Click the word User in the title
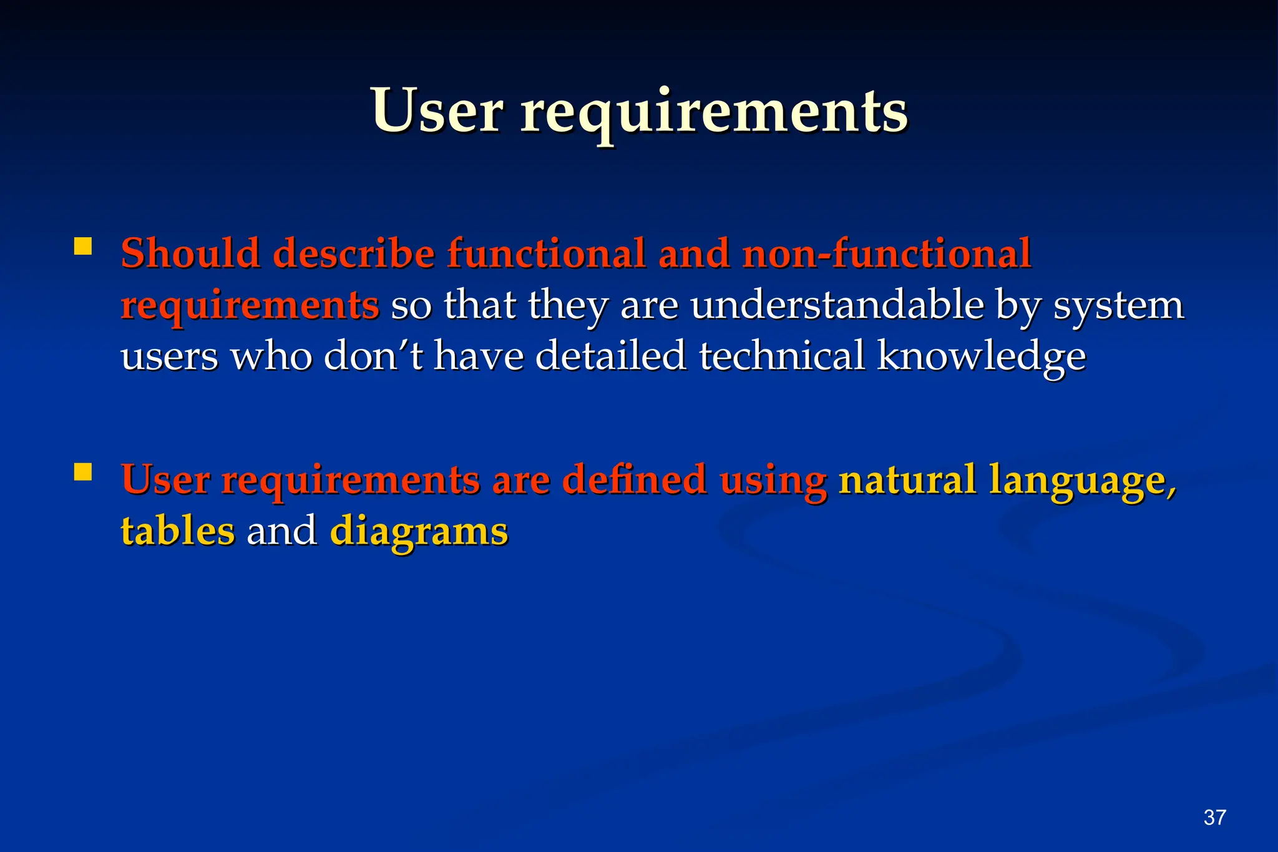click(436, 111)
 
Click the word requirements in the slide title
click(714, 112)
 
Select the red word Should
click(190, 253)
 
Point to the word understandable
click(836, 305)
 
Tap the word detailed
click(610, 356)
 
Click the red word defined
click(634, 479)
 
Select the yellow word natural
click(907, 479)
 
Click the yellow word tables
click(178, 531)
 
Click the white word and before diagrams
click(281, 531)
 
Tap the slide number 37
click(1214, 817)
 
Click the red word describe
click(354, 253)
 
